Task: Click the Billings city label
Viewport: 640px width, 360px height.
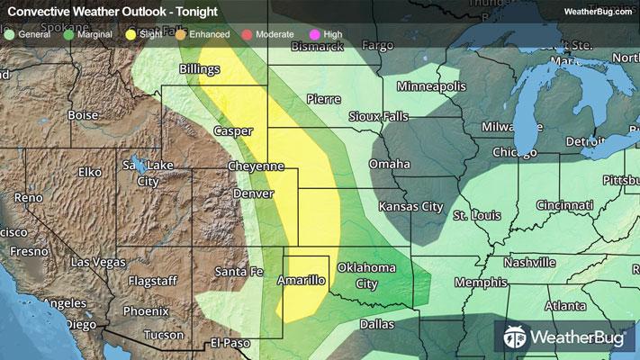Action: [x=199, y=68]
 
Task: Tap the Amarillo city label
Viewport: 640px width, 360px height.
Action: [x=303, y=281]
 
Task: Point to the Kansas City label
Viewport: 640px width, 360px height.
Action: [x=411, y=207]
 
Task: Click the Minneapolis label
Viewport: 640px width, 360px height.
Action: [x=432, y=86]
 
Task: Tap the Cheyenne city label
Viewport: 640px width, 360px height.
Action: [x=256, y=167]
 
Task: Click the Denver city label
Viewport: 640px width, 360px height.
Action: [x=253, y=194]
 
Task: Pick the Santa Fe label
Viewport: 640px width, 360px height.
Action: [x=239, y=271]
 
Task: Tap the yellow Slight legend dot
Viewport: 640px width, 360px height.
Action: [x=131, y=34]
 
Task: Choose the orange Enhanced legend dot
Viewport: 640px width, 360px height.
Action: [x=180, y=34]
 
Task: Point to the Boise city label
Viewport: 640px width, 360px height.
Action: [x=82, y=115]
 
